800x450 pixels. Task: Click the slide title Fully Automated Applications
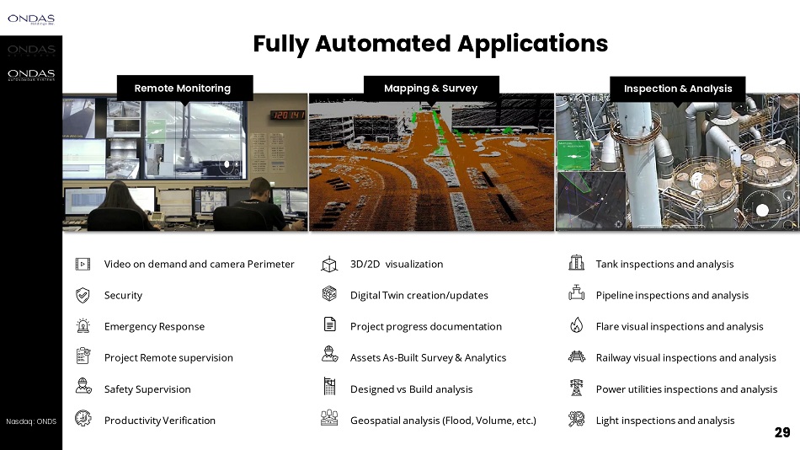pyautogui.click(x=430, y=44)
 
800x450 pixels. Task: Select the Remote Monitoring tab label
pyautogui.click(x=183, y=88)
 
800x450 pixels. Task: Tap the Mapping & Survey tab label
pyautogui.click(x=430, y=88)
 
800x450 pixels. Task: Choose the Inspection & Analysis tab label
pyautogui.click(x=678, y=88)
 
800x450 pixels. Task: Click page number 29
pyautogui.click(x=782, y=433)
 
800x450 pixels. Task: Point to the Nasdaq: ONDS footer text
pyautogui.click(x=31, y=421)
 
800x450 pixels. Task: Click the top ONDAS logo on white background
pyautogui.click(x=31, y=19)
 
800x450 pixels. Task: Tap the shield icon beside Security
pyautogui.click(x=83, y=295)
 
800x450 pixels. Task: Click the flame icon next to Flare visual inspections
pyautogui.click(x=577, y=326)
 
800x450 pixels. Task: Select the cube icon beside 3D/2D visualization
pyautogui.click(x=329, y=265)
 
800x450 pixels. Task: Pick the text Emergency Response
pyautogui.click(x=154, y=326)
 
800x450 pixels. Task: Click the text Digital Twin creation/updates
pyautogui.click(x=419, y=295)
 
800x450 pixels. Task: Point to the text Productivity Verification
pyautogui.click(x=160, y=421)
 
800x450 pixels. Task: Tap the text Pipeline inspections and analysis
pyautogui.click(x=672, y=295)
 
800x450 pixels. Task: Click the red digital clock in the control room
pyautogui.click(x=287, y=115)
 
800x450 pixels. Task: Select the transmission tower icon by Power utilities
pyautogui.click(x=577, y=388)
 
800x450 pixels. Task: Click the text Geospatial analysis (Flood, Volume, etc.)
pyautogui.click(x=443, y=421)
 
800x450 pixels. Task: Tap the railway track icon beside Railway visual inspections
pyautogui.click(x=577, y=357)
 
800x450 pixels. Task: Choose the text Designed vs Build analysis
pyautogui.click(x=411, y=388)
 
